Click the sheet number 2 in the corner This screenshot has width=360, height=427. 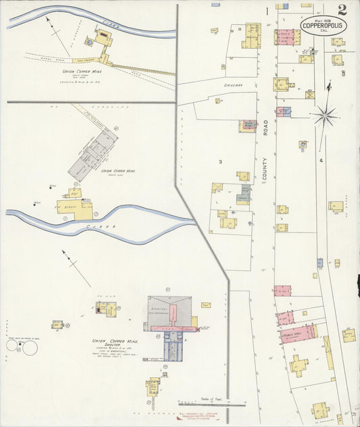pos(342,9)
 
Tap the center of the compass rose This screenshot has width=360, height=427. pos(325,116)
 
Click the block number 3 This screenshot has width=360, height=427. pos(220,162)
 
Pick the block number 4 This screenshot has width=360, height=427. pos(322,160)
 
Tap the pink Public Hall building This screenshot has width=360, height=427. pos(295,333)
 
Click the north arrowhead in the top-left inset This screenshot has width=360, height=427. pos(47,19)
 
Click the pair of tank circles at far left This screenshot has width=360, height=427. pos(22,347)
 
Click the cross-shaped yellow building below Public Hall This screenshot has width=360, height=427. pos(299,366)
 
